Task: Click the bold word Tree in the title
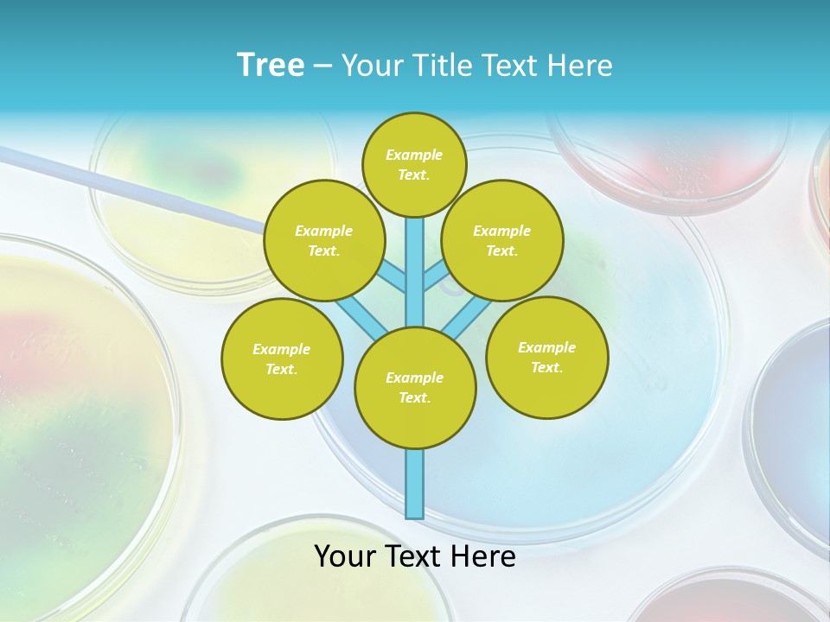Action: coord(271,66)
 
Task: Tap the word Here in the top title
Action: coord(579,66)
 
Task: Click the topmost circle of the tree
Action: coord(414,164)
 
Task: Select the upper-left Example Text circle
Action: coord(323,240)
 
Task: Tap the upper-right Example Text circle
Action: coord(501,240)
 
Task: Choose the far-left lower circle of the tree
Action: coord(281,359)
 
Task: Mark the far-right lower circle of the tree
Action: coord(546,357)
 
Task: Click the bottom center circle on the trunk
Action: coord(414,387)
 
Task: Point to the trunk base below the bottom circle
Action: coord(414,484)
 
